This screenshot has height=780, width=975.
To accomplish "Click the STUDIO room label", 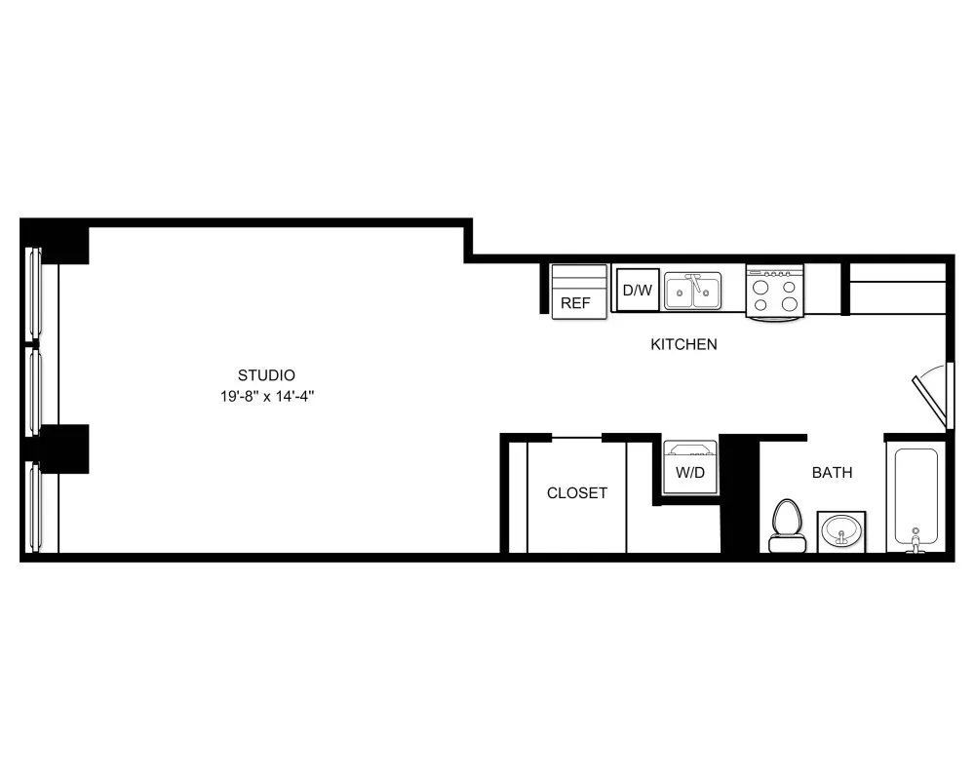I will (x=266, y=374).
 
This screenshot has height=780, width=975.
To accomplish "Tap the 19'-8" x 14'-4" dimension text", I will (x=266, y=397).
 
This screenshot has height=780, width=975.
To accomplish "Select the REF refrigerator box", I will (x=575, y=292).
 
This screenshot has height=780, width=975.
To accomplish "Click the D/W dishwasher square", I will (x=638, y=290).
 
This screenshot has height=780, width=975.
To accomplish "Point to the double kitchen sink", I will (x=693, y=291).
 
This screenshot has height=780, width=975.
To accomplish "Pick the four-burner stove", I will (x=775, y=291).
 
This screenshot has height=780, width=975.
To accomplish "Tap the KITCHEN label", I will (x=683, y=344).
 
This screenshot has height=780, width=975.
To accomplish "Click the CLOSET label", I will (x=576, y=493).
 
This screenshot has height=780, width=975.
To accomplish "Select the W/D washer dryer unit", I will (x=690, y=469).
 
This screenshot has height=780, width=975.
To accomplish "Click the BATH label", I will (x=832, y=473).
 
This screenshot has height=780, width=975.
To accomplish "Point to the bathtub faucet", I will (x=916, y=541).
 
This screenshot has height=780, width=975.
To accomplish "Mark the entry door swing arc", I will (x=932, y=395).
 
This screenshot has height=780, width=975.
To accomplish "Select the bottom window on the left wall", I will (x=33, y=507).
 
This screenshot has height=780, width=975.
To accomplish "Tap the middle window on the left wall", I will (x=33, y=390).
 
